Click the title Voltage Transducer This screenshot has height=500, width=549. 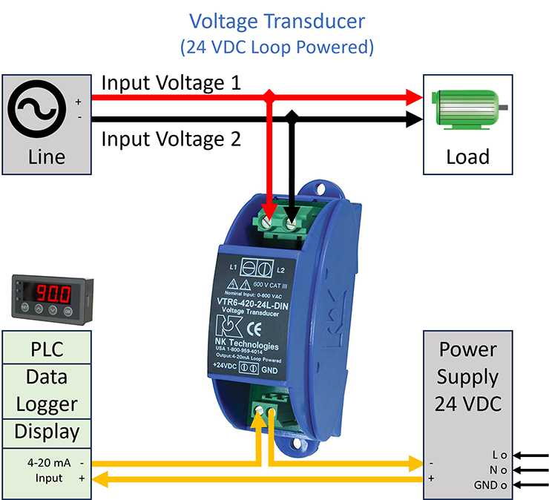pos(276,19)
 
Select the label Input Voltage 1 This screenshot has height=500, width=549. pos(171,82)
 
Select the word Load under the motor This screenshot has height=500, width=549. pos(467,157)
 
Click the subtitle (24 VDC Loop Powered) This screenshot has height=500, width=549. pos(276,47)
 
